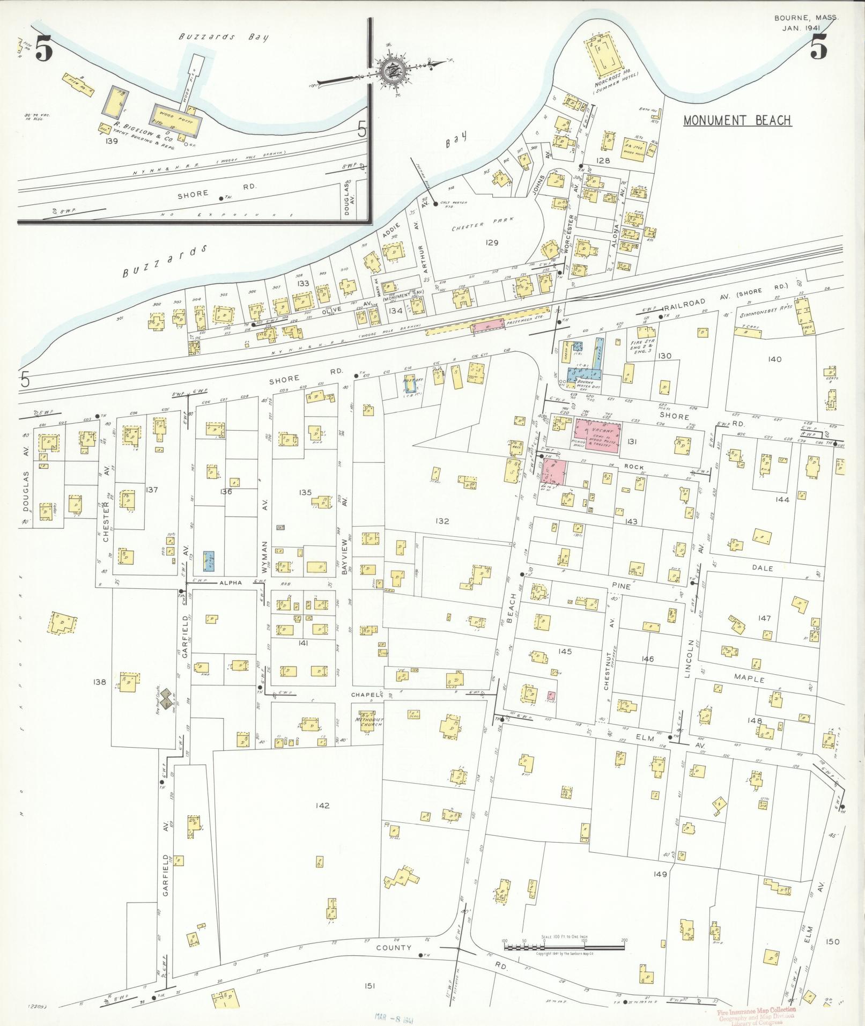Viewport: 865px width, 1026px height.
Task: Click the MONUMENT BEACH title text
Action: [737, 120]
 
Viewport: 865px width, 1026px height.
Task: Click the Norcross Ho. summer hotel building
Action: [609, 56]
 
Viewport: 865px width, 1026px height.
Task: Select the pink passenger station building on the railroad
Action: [487, 326]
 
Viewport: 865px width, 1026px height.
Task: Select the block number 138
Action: [100, 682]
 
